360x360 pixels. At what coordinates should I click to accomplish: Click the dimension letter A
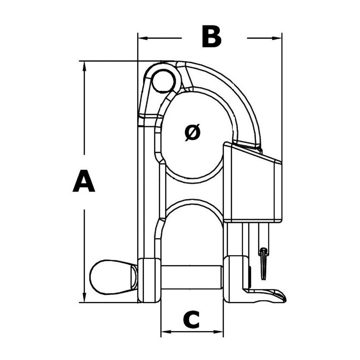84,181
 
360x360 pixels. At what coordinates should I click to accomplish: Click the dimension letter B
212,37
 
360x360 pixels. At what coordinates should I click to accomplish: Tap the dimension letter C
192,320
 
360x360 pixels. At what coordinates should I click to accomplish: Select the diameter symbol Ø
192,132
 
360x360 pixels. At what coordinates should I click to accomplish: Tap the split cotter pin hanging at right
264,264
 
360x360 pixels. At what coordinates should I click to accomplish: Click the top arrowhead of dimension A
84,66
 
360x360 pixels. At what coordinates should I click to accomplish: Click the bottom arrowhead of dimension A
84,298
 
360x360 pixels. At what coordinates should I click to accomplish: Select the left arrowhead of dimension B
142,38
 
